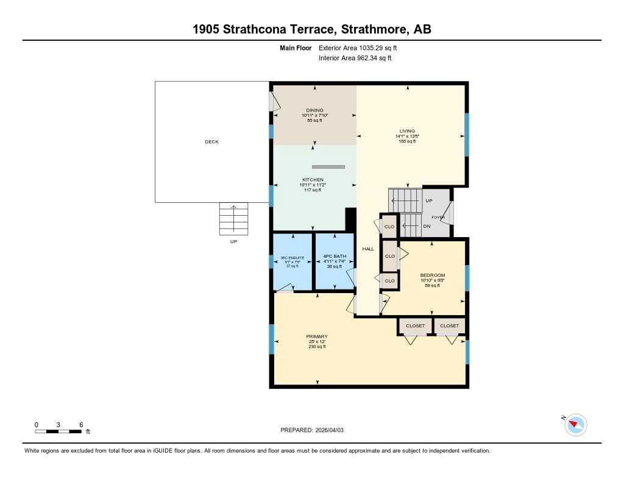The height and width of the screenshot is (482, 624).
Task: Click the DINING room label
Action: pyautogui.click(x=314, y=110)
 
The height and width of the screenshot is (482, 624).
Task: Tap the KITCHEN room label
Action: pyautogui.click(x=311, y=180)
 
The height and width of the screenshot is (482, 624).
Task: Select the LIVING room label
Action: pyautogui.click(x=407, y=131)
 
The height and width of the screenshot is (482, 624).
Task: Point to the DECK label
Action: pyautogui.click(x=211, y=142)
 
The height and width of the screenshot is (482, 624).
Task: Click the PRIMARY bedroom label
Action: pyautogui.click(x=317, y=336)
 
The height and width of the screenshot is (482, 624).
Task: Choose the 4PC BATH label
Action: pyautogui.click(x=333, y=257)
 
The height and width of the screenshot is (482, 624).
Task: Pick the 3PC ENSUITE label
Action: pyautogui.click(x=292, y=258)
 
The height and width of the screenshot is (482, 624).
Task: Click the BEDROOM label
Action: pyautogui.click(x=433, y=275)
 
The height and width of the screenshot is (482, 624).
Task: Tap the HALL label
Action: pyautogui.click(x=368, y=249)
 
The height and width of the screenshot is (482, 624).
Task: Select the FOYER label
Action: pyautogui.click(x=438, y=218)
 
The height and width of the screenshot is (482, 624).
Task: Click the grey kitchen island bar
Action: pyautogui.click(x=328, y=166)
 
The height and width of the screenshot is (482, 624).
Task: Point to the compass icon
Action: pyautogui.click(x=576, y=425)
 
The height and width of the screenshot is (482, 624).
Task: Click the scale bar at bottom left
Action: pyautogui.click(x=58, y=431)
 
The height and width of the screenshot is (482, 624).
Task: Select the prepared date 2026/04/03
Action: pyautogui.click(x=333, y=430)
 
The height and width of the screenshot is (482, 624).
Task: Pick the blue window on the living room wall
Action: pyautogui.click(x=467, y=135)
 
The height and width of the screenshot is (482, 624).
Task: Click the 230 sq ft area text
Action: pyautogui.click(x=317, y=347)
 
